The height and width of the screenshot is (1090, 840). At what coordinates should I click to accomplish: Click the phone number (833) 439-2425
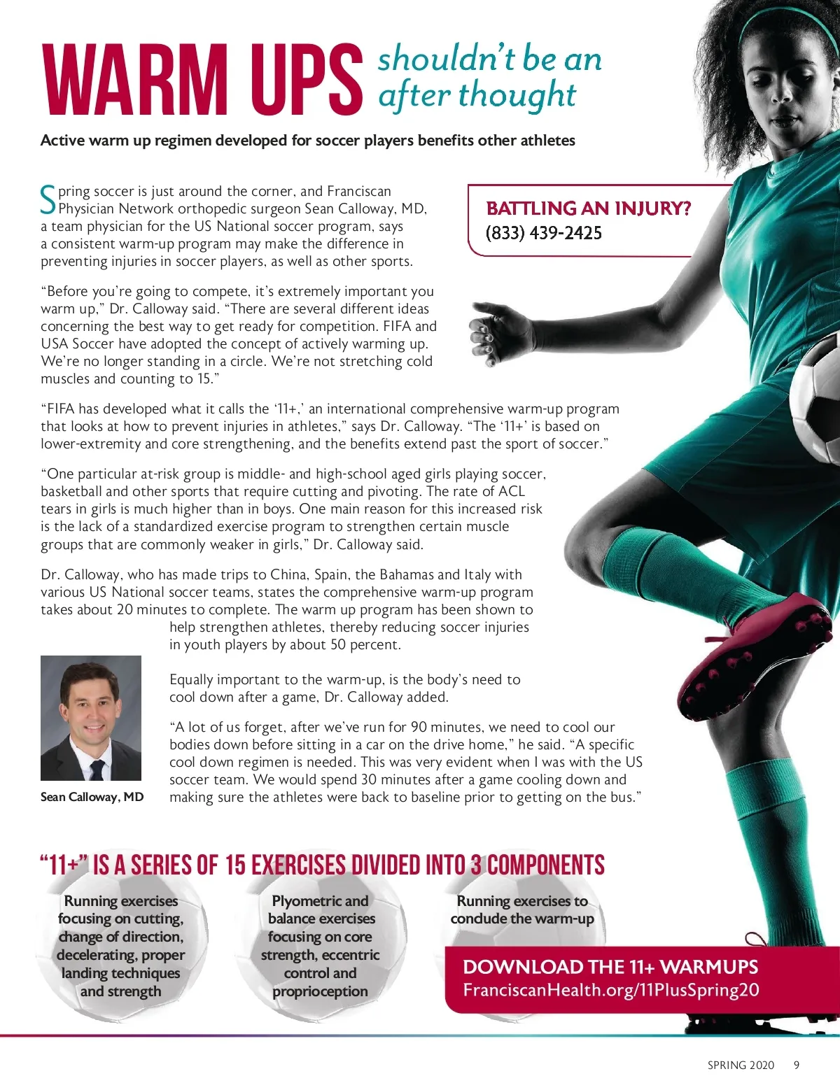point(544,233)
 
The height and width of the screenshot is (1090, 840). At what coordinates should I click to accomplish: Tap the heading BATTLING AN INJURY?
point(588,208)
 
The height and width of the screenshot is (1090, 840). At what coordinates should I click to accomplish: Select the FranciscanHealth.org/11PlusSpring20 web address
point(610,990)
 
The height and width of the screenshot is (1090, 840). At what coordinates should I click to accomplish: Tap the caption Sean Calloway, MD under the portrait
point(92,797)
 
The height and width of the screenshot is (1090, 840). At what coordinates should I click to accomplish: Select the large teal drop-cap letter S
point(48,199)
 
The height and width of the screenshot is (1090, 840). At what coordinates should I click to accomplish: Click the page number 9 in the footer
point(796,1065)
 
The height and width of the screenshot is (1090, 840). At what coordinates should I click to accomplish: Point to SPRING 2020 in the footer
point(741,1065)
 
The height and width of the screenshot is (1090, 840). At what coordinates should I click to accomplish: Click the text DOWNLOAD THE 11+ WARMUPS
point(610,967)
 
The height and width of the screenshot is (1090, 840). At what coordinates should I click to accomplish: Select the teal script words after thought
point(477,95)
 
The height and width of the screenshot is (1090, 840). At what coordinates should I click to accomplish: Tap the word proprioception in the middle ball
point(320,991)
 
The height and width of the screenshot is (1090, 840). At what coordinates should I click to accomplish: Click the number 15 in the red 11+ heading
point(235,865)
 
